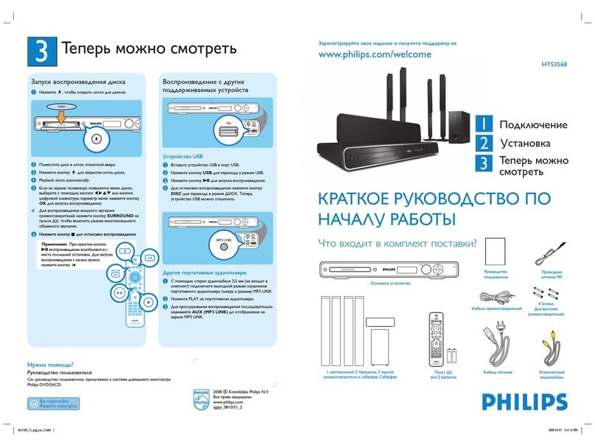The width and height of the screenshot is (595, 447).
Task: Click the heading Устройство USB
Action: [182, 156]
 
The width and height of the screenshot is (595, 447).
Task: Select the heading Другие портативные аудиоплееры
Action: [210, 272]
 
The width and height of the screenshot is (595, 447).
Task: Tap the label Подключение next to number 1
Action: [533, 124]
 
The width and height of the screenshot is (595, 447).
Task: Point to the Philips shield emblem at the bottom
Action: [199, 400]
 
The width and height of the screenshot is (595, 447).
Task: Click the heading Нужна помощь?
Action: [49, 364]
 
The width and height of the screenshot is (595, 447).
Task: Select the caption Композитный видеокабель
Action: [551, 376]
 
